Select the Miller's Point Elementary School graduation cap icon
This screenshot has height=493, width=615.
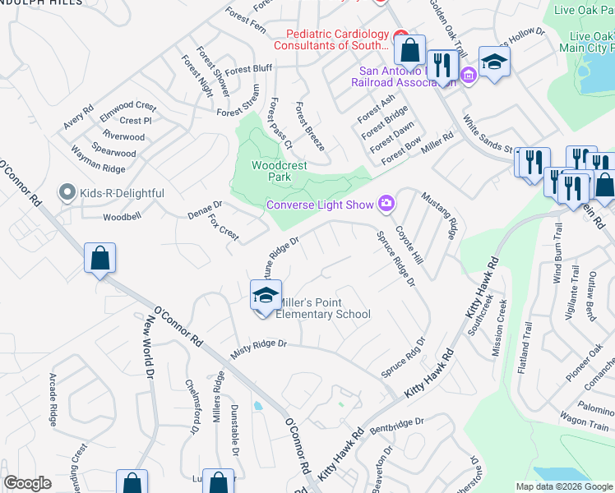(266, 295)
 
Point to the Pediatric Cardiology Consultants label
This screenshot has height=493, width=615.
(336, 39)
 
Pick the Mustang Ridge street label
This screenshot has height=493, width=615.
(438, 216)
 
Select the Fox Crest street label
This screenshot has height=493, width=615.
(224, 228)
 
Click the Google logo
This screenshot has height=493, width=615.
(28, 482)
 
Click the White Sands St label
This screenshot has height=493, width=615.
(488, 139)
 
